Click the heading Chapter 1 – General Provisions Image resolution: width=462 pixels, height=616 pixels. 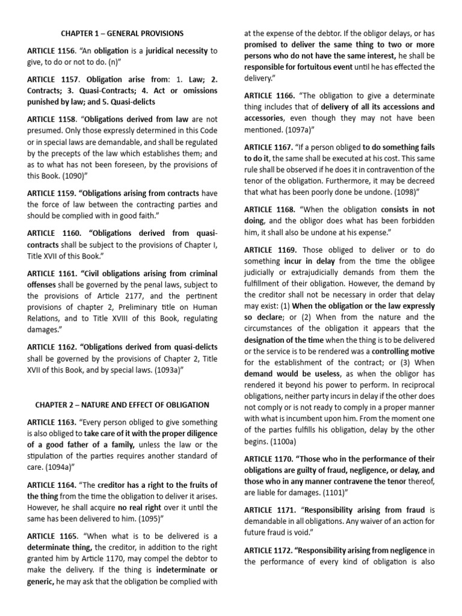click(123, 33)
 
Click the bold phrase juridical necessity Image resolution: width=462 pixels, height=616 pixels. click(176, 51)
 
